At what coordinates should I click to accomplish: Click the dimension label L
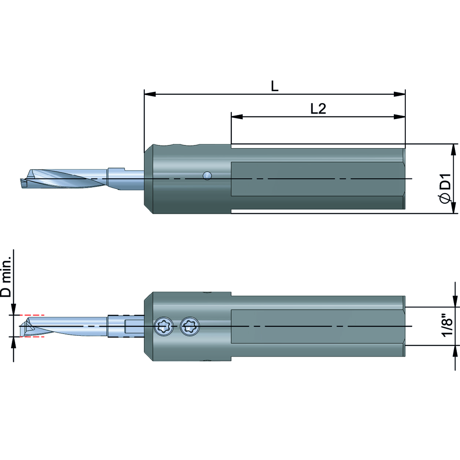(x=274, y=86)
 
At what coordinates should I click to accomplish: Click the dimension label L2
(x=318, y=109)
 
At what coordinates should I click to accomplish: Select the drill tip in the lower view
(x=23, y=326)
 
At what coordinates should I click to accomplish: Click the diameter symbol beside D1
(x=445, y=198)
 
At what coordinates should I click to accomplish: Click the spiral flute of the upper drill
(x=69, y=179)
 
